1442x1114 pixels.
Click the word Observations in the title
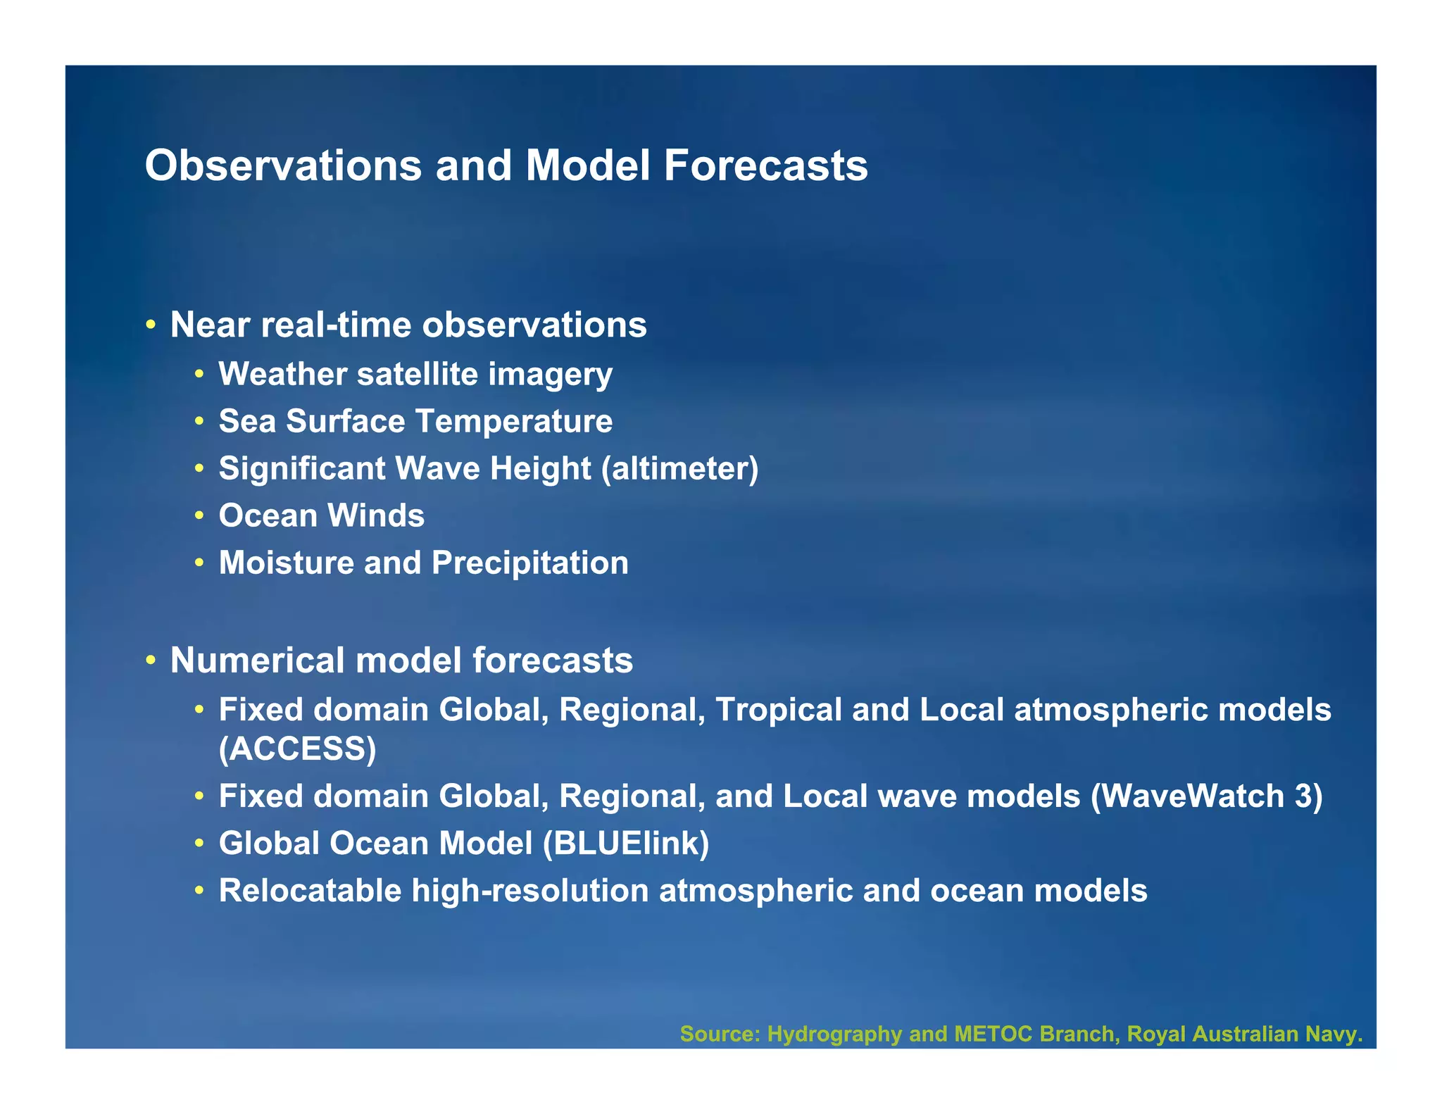[283, 165]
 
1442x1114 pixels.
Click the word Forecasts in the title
[765, 165]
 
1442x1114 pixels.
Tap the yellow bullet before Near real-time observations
[151, 326]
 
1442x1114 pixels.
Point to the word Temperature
[514, 421]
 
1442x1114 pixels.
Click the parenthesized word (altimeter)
[679, 468]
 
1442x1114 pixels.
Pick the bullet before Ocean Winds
[200, 516]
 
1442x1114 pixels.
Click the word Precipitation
[529, 563]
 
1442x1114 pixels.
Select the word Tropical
[778, 710]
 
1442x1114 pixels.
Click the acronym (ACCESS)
[297, 749]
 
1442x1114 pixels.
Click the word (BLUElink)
[626, 844]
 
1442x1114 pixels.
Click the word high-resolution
[530, 891]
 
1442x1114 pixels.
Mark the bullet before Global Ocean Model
[200, 844]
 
